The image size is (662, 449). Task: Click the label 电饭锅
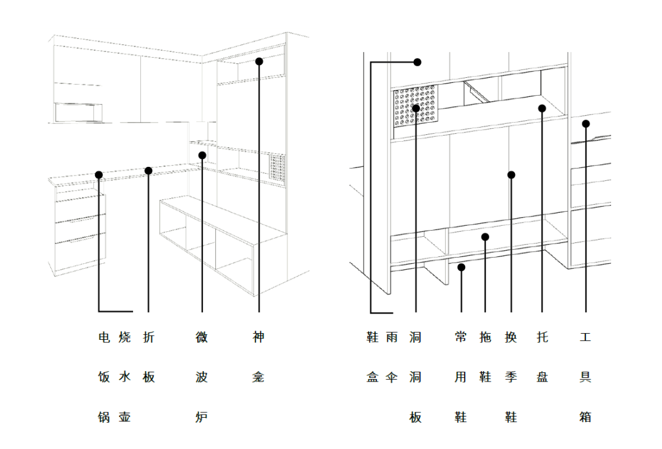point(104,377)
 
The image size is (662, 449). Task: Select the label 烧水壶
point(125,377)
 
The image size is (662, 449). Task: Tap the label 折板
point(148,357)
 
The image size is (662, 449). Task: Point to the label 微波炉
point(202,377)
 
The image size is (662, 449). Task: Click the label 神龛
point(259,357)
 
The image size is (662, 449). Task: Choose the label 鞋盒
point(373,357)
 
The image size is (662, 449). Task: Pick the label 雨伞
point(392,357)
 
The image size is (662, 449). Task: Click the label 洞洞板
point(416,377)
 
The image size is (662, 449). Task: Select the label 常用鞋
point(461,377)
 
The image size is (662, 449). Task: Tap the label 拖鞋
point(485,357)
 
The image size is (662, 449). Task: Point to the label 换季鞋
point(511,377)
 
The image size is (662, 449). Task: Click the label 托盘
point(542,357)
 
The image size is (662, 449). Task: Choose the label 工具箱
point(585,377)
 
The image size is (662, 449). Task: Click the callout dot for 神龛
point(259,61)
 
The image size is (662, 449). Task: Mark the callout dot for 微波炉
point(202,155)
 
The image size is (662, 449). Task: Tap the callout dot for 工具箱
point(585,124)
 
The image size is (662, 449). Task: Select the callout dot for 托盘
point(542,109)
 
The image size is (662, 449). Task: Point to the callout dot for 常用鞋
point(461,267)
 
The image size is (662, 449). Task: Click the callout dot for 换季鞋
point(511,175)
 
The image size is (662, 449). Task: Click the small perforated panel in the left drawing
point(278,167)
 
